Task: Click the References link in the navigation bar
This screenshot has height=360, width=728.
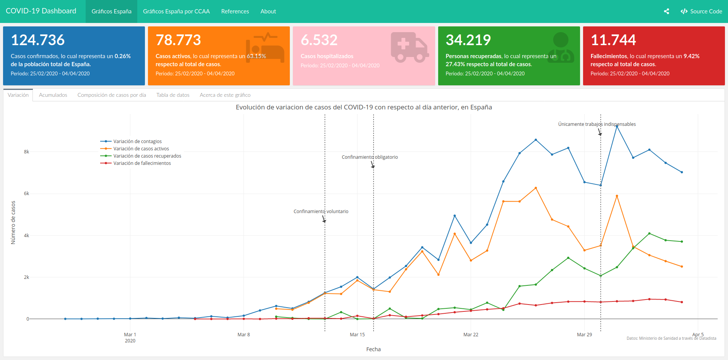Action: point(235,11)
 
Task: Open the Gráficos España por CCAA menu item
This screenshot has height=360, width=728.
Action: point(176,11)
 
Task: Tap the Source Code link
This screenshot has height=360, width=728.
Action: point(701,11)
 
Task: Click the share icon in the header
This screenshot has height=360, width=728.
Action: point(666,11)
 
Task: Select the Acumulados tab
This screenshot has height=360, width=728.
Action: point(53,95)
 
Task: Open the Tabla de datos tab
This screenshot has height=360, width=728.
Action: point(173,95)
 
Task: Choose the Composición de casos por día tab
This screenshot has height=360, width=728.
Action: point(112,95)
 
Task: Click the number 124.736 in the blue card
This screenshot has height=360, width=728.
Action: point(38,40)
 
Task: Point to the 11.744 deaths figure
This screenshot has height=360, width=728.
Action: point(613,40)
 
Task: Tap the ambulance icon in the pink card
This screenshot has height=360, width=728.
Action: point(409,47)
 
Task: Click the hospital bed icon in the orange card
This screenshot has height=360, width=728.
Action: point(265,48)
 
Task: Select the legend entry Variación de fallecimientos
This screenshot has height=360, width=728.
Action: point(142,163)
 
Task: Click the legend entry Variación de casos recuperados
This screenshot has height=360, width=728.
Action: point(147,156)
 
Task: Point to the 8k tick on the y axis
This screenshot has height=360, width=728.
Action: point(26,152)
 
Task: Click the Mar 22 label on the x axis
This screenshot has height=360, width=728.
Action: point(471,335)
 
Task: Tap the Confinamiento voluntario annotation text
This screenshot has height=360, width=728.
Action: point(321,212)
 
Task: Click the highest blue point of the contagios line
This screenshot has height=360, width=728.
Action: point(617,126)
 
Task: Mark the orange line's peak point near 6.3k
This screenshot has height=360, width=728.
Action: point(536,188)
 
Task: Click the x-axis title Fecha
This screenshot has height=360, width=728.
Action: point(373,349)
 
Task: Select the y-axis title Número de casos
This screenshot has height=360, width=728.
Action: point(13,222)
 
